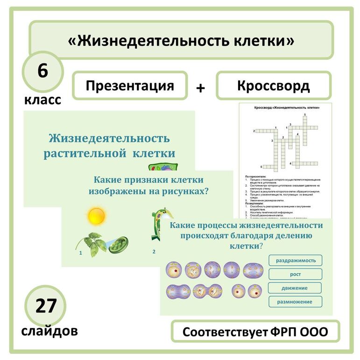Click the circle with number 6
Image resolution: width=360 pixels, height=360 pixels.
(42, 73)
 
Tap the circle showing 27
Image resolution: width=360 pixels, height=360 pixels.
(45, 306)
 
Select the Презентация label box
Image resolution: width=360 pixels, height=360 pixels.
(130, 85)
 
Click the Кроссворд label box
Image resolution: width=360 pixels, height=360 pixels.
(273, 85)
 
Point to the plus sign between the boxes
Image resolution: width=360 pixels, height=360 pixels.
(201, 87)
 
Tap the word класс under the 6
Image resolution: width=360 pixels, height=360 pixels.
(42, 99)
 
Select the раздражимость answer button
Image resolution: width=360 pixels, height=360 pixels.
(296, 260)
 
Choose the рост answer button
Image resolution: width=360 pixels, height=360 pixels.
(296, 274)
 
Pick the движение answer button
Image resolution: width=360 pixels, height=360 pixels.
(296, 288)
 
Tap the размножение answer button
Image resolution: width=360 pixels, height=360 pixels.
(296, 302)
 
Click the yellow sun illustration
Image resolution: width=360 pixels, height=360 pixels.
(97, 216)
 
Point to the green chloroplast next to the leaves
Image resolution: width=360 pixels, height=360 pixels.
(119, 244)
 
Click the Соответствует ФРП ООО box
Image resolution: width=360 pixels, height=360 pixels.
(255, 332)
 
